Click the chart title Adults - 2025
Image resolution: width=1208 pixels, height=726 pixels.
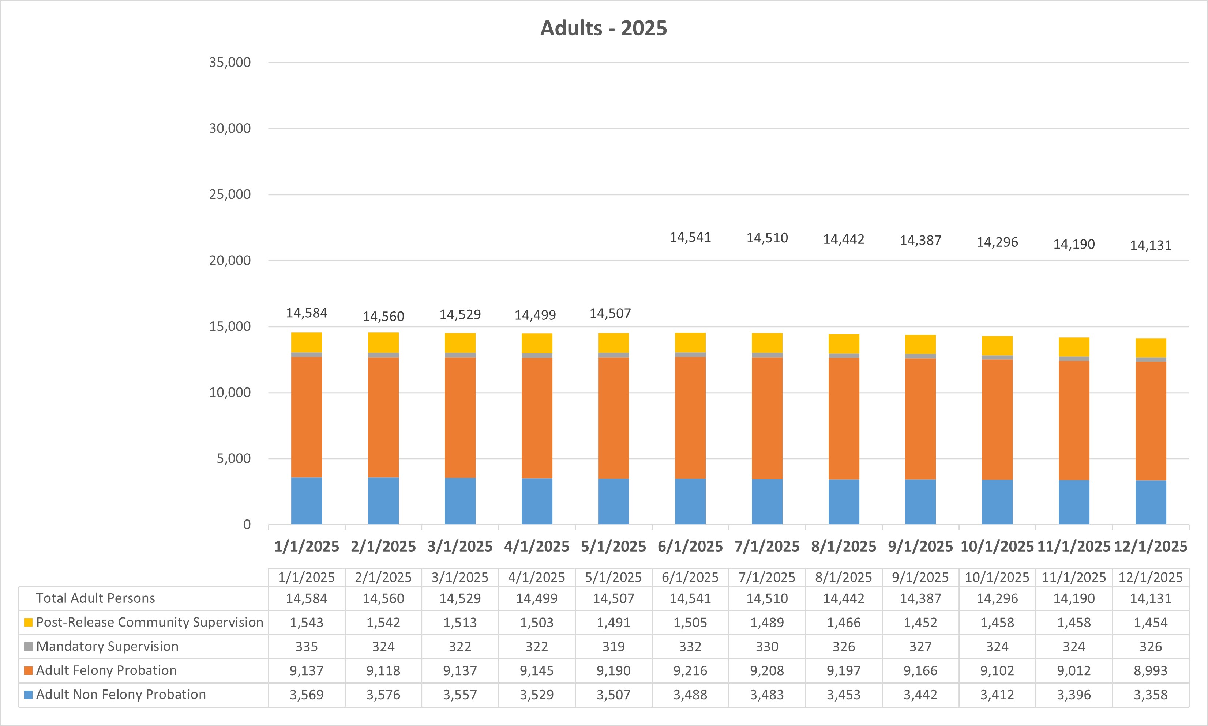tap(604, 29)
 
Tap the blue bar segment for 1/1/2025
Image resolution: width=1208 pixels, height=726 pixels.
tap(307, 501)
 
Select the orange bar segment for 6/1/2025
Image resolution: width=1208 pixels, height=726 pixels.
tap(690, 418)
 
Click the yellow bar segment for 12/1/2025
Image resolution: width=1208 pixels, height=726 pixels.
tap(1150, 348)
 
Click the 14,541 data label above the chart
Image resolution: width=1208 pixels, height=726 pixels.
tap(690, 238)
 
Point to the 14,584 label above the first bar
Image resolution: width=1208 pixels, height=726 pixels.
tap(307, 313)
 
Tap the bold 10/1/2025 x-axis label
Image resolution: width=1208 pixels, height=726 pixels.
tap(997, 547)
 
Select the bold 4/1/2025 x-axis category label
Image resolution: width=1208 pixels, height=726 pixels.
tap(536, 547)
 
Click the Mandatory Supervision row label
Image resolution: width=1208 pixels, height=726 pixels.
tap(107, 646)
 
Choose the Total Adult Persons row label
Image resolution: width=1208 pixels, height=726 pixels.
tap(95, 598)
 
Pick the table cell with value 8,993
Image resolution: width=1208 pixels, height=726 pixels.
tap(1150, 671)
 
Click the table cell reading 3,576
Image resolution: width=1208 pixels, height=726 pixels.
tap(383, 695)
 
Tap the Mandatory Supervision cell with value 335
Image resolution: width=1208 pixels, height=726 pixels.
tap(307, 647)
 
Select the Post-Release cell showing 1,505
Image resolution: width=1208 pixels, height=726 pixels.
tap(690, 623)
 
